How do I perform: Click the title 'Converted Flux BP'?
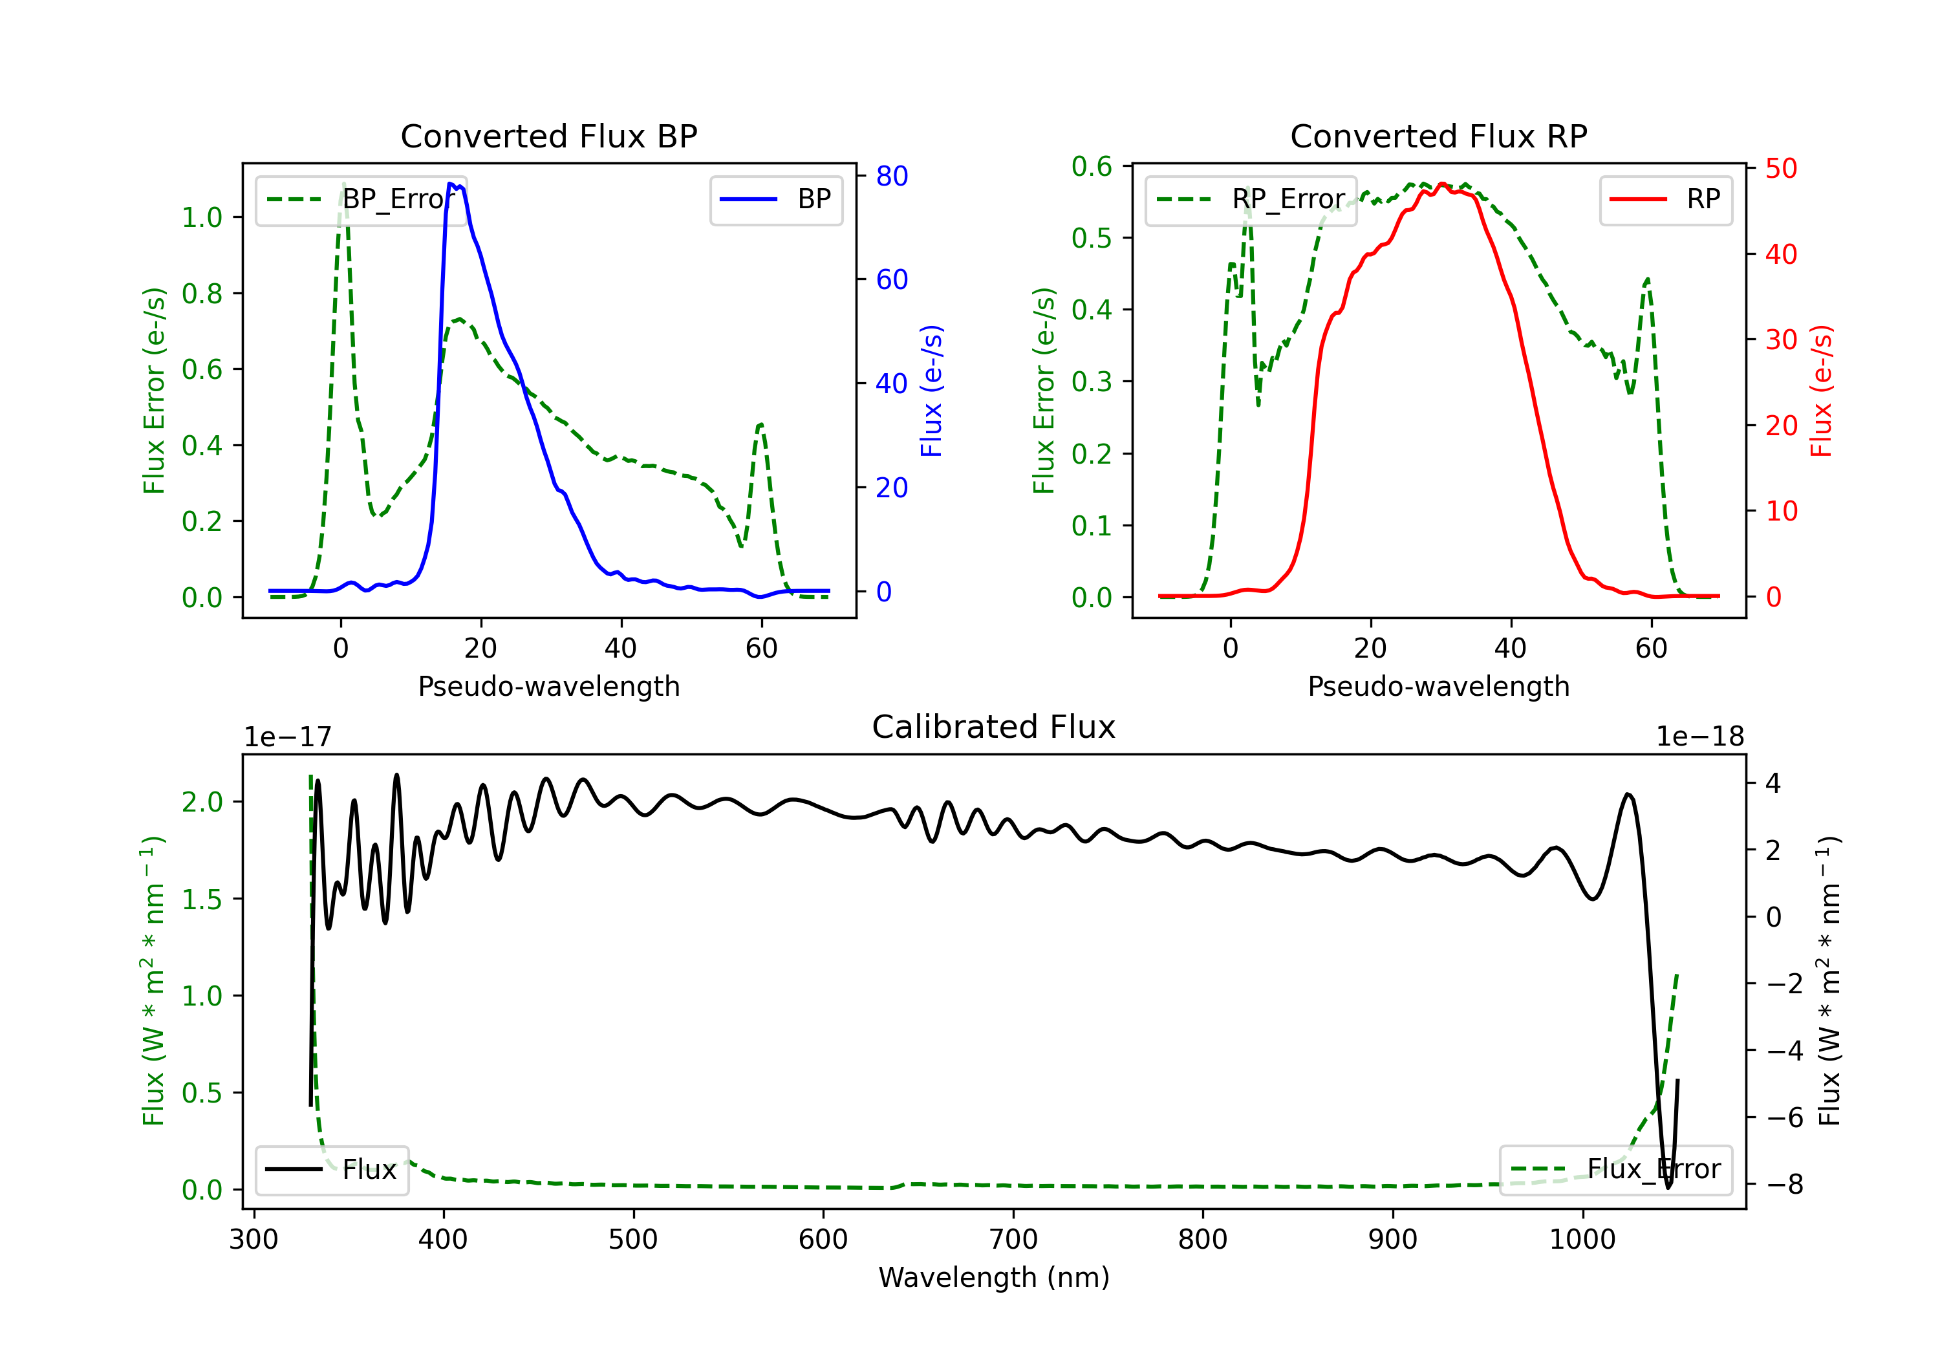tap(548, 136)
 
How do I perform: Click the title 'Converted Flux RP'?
tap(1438, 136)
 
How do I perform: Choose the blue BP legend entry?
tap(775, 199)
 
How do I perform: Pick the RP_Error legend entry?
tap(1251, 199)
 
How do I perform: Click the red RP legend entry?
tap(1665, 199)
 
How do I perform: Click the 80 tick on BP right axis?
tap(891, 176)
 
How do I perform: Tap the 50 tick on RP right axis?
tap(1780, 168)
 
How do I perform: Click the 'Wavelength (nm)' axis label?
tap(994, 1277)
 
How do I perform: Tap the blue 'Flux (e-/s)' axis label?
tap(931, 391)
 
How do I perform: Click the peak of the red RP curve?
tap(1441, 184)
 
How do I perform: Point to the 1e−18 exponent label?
tap(1699, 737)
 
